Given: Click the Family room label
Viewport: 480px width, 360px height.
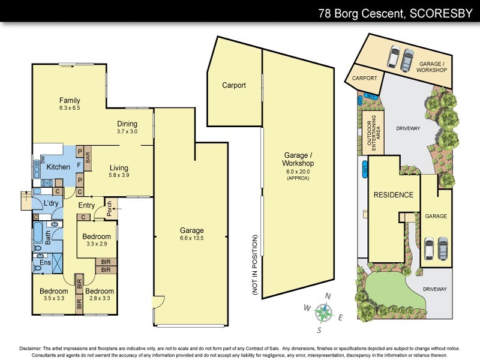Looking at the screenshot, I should (x=70, y=101).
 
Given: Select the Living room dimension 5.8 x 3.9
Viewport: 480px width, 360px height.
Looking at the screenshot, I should (x=119, y=175).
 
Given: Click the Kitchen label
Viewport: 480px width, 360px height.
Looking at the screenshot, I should (x=59, y=167).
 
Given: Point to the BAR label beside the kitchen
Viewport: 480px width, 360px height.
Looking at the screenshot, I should (x=88, y=157).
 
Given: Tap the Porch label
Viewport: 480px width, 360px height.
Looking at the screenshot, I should (x=109, y=208).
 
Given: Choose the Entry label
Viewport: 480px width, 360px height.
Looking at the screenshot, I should (x=87, y=206).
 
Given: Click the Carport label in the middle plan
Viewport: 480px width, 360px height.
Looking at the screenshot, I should (x=233, y=85).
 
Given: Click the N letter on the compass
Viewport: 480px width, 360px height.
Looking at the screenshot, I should (x=328, y=296).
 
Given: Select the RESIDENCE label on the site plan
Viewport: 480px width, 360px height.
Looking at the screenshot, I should (x=393, y=195).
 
